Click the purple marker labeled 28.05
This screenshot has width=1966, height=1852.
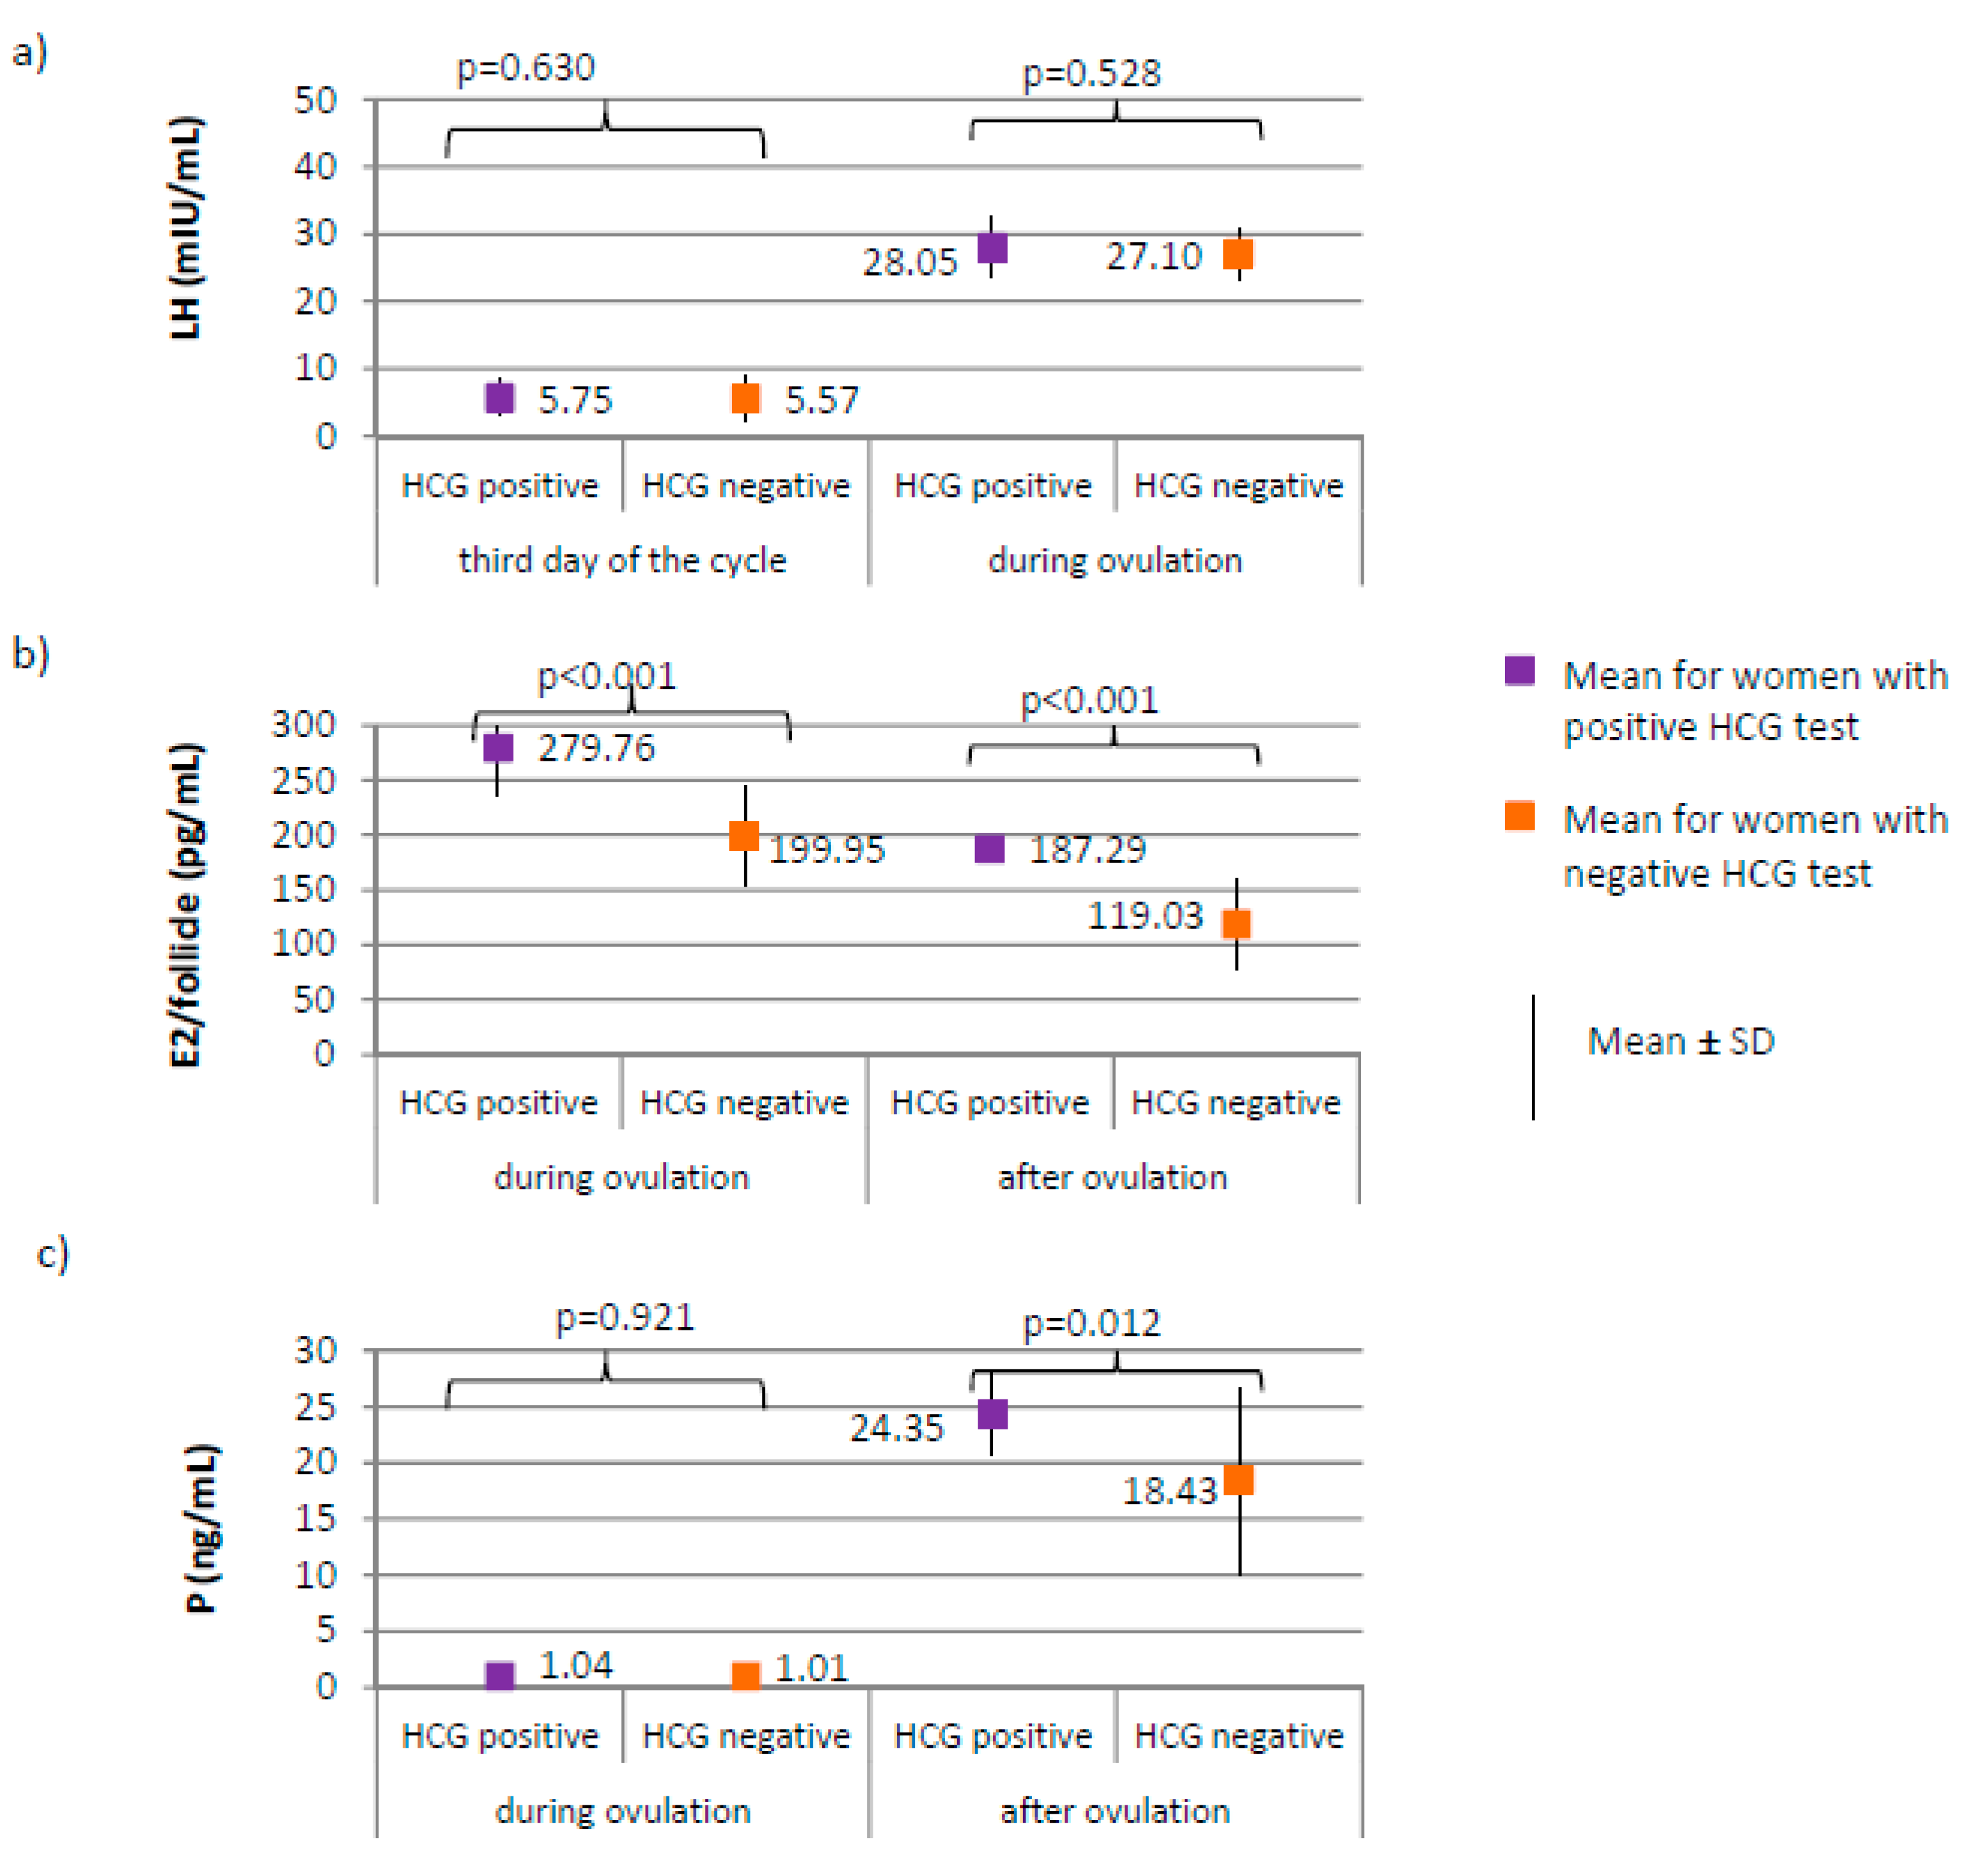tap(992, 247)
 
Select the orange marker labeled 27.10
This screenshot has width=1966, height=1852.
tap(1238, 254)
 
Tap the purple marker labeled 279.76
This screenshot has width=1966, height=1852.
tap(499, 747)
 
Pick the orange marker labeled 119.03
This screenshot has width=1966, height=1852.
tap(1236, 924)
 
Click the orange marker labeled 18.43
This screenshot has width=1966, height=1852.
tap(1238, 1480)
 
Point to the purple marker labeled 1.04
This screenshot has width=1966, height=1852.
tap(501, 1676)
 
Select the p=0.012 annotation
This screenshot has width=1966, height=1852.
tap(1091, 1323)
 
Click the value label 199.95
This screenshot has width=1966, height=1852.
tap(827, 850)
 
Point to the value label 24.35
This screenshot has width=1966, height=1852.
tap(897, 1428)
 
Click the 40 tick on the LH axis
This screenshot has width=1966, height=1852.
tap(315, 166)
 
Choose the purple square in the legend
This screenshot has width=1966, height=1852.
tap(1519, 671)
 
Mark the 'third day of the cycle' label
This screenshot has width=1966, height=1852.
tap(622, 561)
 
